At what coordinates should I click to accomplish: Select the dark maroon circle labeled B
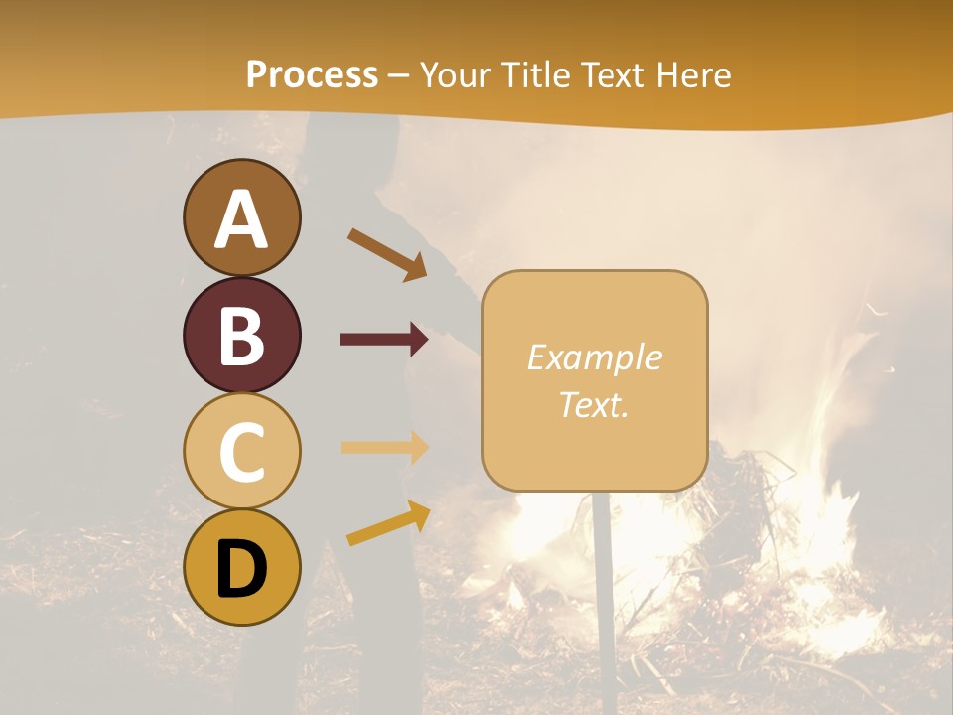coord(241,335)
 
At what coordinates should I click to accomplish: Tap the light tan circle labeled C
coord(241,451)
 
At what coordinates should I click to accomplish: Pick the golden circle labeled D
coord(241,567)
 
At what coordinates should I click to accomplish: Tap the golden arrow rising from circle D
coord(388,523)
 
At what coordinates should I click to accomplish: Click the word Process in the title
coord(312,74)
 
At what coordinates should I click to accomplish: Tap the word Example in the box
coord(594,358)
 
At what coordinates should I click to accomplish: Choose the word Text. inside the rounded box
coord(594,404)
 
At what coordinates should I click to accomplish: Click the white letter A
coord(241,220)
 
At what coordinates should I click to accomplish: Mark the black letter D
coord(241,569)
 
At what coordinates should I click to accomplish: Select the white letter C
coord(241,453)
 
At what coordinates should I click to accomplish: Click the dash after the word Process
coord(399,75)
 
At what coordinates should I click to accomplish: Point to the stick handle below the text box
coord(603,576)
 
